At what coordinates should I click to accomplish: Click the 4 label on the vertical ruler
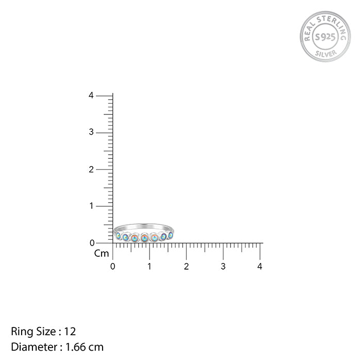[91, 95]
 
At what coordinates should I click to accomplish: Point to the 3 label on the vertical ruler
[91, 132]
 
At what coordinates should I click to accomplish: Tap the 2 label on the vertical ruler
[91, 170]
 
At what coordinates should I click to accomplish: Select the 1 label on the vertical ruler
[92, 206]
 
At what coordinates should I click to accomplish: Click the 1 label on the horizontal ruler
[150, 267]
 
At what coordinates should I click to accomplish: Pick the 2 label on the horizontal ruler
[186, 267]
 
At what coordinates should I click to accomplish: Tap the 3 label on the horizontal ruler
[223, 267]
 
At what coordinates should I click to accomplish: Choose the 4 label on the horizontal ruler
[260, 267]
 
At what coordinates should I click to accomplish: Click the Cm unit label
[102, 254]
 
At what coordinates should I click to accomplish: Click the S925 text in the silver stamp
[325, 37]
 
